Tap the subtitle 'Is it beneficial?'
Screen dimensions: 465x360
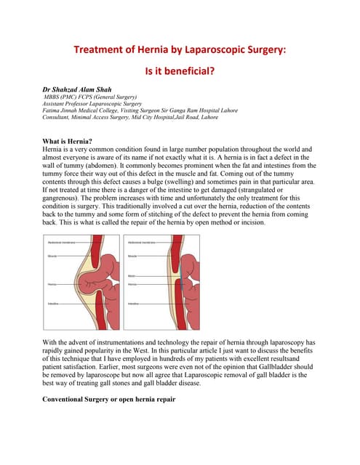(180, 71)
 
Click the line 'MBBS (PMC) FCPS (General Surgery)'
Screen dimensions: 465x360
(92, 97)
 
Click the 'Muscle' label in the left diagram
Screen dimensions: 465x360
(53, 256)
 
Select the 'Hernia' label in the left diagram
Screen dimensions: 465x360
(52, 283)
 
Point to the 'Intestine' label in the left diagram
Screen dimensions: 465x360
(54, 303)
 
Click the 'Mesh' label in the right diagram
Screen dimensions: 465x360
(132, 276)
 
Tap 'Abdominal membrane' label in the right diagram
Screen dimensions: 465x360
(142, 243)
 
